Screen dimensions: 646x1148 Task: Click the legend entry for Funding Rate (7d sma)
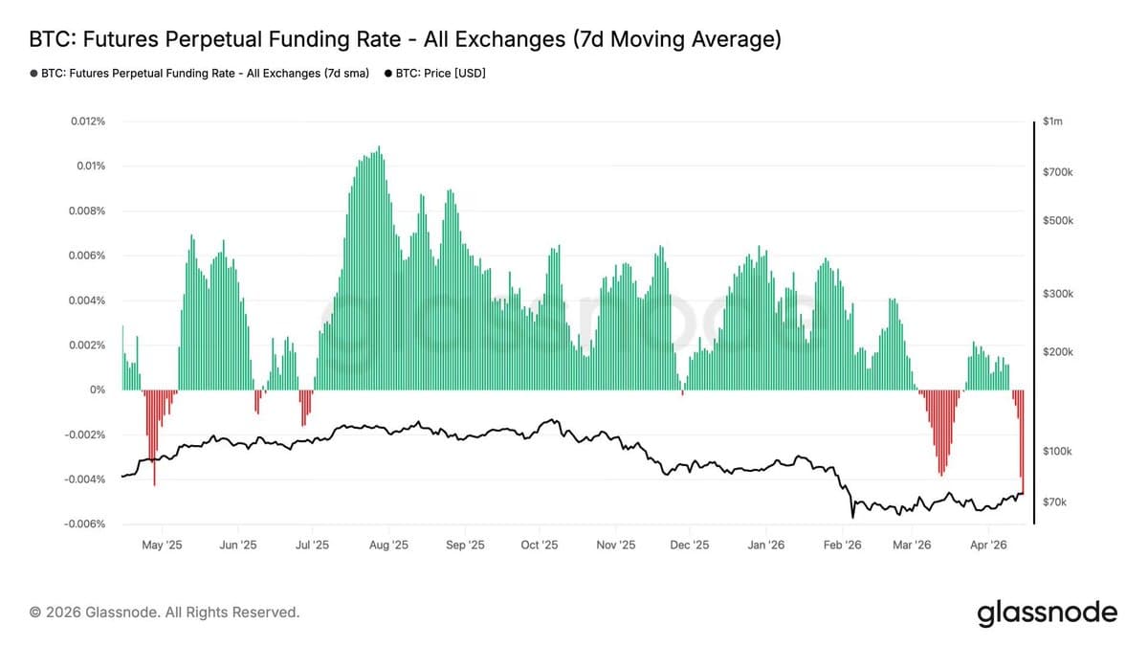point(200,73)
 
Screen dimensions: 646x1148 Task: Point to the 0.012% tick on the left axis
point(87,122)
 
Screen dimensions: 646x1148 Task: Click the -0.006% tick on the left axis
point(84,524)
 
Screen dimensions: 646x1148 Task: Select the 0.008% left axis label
point(87,211)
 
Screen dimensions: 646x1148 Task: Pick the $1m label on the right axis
point(1052,122)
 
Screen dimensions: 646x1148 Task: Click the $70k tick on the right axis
point(1055,501)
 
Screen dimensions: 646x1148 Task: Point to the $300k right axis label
point(1058,294)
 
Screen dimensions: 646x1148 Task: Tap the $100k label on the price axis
point(1058,451)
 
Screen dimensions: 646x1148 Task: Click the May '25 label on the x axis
point(162,546)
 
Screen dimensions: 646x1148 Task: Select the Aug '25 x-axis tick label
point(387,546)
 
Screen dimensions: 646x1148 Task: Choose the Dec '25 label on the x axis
point(689,546)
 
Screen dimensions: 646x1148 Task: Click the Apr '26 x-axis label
point(988,546)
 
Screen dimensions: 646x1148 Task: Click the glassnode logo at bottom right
point(1047,613)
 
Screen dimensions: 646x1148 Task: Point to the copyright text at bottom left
point(165,613)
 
